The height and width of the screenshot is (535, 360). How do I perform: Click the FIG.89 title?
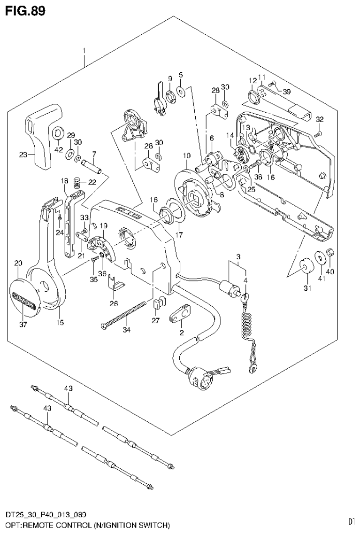point(26,10)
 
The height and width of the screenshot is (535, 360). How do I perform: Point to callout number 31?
point(308,288)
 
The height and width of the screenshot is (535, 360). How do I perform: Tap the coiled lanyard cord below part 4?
point(247,324)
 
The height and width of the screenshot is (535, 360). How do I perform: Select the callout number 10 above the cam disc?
point(186,155)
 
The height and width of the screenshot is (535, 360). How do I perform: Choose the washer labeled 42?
point(58,134)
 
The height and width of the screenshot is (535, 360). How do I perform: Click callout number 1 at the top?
point(84,50)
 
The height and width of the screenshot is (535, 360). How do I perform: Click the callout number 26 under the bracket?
point(113,303)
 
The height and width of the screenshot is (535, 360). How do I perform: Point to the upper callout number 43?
point(69,388)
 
